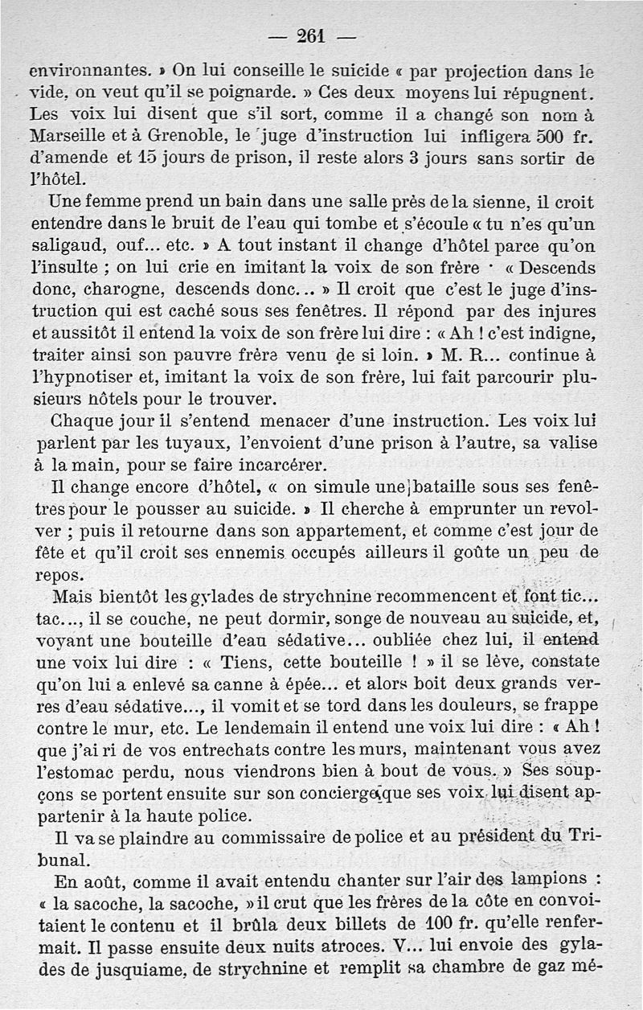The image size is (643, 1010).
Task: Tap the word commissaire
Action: pos(229,836)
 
